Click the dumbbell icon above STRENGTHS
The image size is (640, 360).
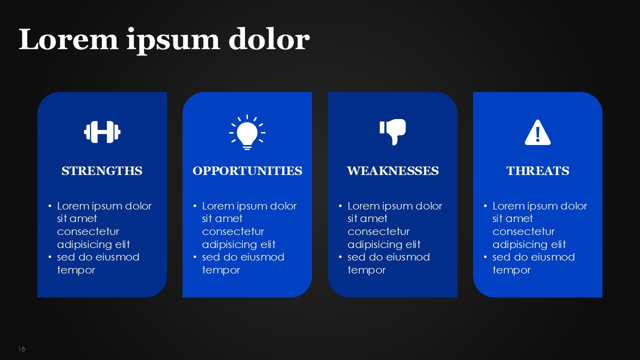coord(102,132)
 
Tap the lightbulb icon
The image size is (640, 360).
coord(247,132)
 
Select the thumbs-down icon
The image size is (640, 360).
coord(393,132)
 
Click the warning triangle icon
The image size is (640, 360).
coord(537,132)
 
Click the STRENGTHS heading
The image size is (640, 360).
coord(102,171)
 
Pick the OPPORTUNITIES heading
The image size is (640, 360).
coord(247,171)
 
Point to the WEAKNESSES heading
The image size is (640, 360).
coord(393,171)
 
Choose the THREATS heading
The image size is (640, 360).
coord(537,171)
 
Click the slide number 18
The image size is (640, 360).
coord(21,349)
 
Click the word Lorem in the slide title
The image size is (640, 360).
coord(68,39)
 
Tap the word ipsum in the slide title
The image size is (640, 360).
coord(173,41)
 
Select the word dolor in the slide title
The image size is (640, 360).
coord(269,39)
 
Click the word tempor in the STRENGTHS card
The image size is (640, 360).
coord(76,270)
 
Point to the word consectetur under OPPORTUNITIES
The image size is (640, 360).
coord(233,231)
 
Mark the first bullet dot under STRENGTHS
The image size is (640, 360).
coord(50,205)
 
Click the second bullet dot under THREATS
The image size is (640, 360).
coord(485,257)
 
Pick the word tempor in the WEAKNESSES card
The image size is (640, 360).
coord(366,270)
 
